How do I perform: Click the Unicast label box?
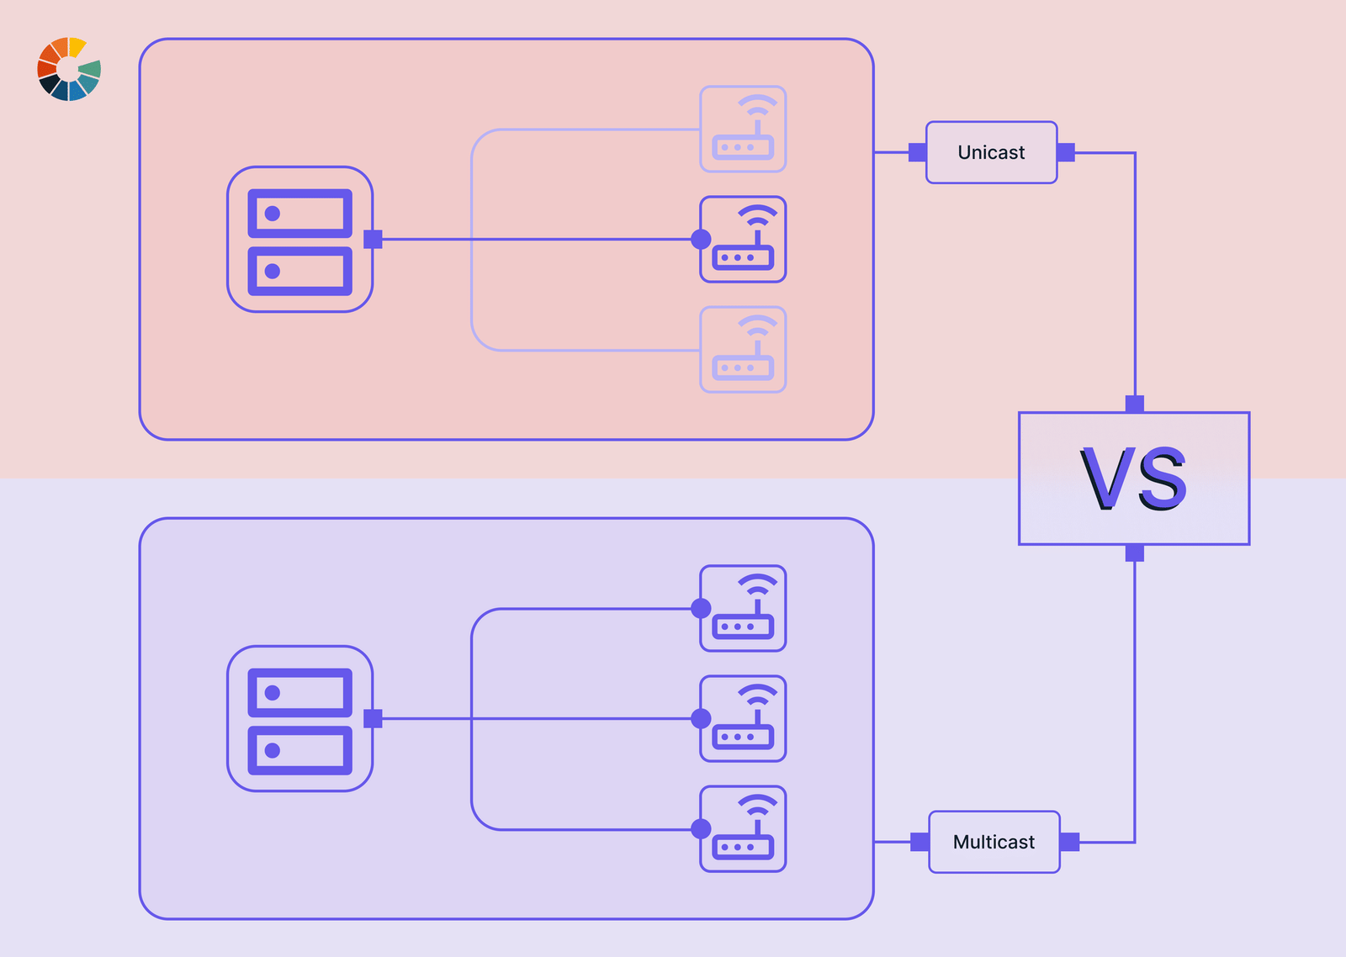[991, 152]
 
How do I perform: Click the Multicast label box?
[994, 842]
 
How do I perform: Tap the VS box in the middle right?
[1133, 478]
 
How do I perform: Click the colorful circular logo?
[69, 69]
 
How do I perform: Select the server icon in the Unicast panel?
[299, 240]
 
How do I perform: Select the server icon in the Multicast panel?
[299, 719]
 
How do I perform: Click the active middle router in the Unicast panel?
[744, 240]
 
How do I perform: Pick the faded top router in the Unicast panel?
[744, 130]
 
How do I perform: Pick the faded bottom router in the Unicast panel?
[744, 350]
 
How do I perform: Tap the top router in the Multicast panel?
[744, 609]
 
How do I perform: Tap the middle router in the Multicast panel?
[744, 719]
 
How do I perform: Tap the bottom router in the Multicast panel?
[744, 829]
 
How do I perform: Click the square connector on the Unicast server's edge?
[373, 240]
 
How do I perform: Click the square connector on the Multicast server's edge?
[373, 719]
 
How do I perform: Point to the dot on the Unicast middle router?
[701, 240]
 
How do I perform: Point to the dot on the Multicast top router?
[701, 609]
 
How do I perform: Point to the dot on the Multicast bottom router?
[701, 829]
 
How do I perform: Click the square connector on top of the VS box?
[1135, 404]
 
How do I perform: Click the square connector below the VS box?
[1135, 553]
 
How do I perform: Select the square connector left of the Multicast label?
[919, 842]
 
